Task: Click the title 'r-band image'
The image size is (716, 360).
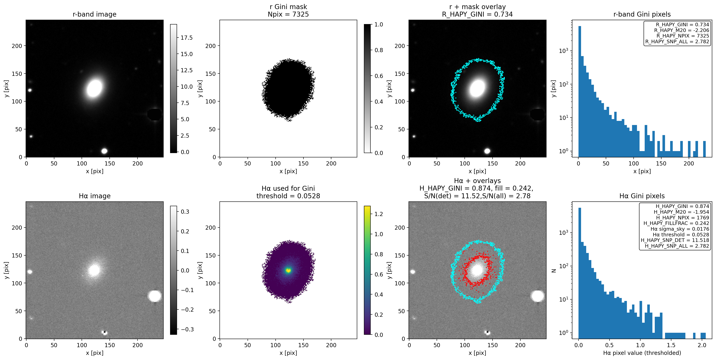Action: pyautogui.click(x=94, y=14)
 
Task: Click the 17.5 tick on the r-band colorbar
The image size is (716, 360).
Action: pyautogui.click(x=187, y=38)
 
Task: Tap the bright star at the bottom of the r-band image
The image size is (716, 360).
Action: pyautogui.click(x=104, y=151)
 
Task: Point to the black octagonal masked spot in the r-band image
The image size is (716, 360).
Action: pyautogui.click(x=155, y=114)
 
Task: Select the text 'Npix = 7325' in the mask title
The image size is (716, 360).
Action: pyautogui.click(x=288, y=14)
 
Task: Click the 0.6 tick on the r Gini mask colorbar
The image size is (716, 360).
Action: pyautogui.click(x=379, y=76)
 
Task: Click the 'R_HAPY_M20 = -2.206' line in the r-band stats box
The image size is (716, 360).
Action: pyautogui.click(x=681, y=30)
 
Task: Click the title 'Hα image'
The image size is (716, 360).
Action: pyautogui.click(x=94, y=196)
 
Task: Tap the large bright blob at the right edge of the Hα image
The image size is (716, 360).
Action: pyautogui.click(x=155, y=296)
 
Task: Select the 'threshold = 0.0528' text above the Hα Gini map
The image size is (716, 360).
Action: pyautogui.click(x=288, y=196)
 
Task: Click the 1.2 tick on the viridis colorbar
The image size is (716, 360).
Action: pyautogui.click(x=379, y=214)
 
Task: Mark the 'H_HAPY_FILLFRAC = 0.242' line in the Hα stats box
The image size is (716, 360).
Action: pyautogui.click(x=676, y=223)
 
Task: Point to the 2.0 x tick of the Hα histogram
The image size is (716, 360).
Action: pyautogui.click(x=702, y=345)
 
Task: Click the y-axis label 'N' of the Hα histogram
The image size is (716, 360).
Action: pyautogui.click(x=553, y=271)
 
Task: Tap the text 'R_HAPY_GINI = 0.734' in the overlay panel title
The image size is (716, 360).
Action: pyautogui.click(x=477, y=14)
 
